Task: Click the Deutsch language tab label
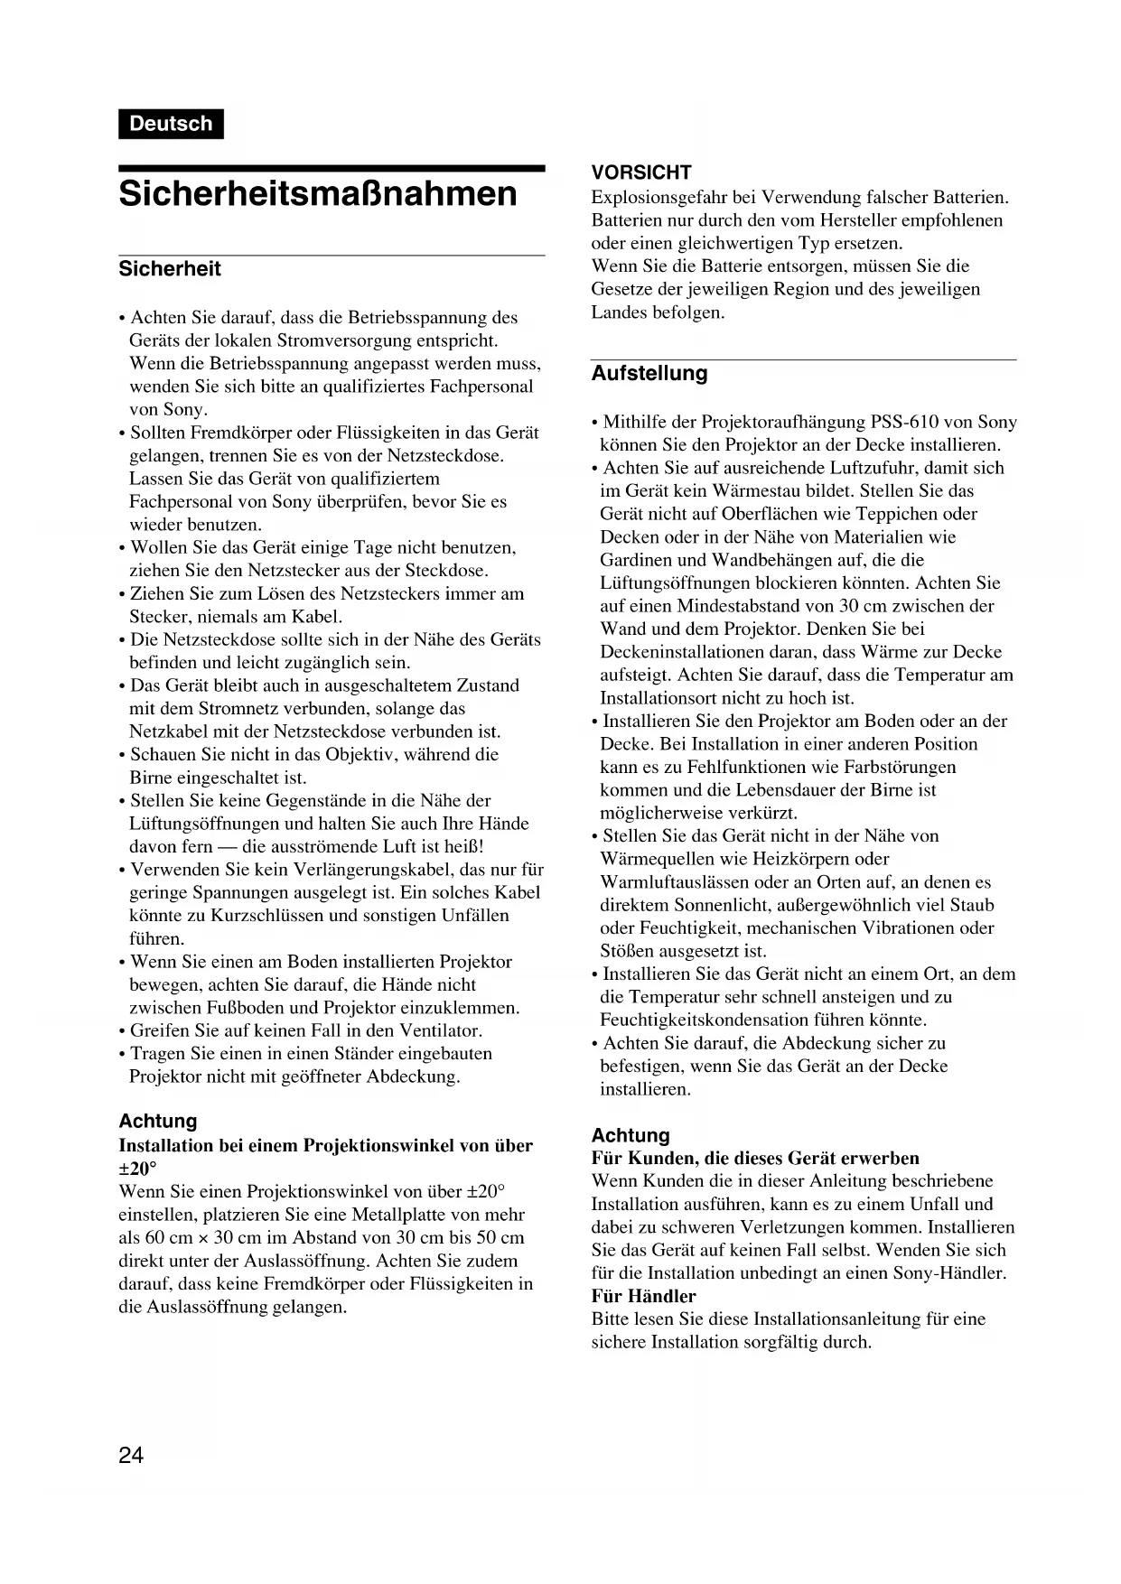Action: click(171, 124)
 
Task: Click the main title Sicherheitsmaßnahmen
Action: click(318, 194)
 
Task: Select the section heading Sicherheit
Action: click(170, 269)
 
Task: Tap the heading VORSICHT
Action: click(641, 172)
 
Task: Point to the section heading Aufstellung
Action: click(649, 374)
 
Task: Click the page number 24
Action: click(131, 1455)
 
